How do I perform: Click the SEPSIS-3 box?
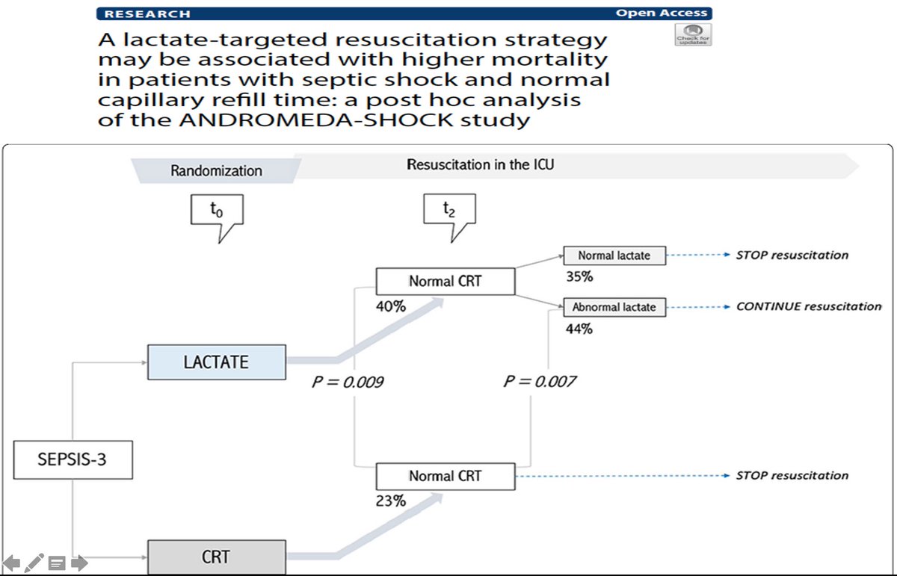(x=73, y=459)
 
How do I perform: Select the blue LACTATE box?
(x=216, y=362)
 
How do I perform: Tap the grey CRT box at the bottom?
(x=216, y=557)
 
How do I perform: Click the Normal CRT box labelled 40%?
(x=445, y=282)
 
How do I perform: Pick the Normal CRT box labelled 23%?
(x=445, y=476)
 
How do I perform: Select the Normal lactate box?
(x=614, y=256)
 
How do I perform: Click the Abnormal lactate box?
(x=614, y=307)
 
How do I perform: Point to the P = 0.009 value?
(x=348, y=382)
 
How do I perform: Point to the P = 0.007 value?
(x=540, y=382)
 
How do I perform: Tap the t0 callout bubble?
(x=217, y=214)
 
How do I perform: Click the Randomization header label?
(x=216, y=171)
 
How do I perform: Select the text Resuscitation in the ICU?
(x=480, y=164)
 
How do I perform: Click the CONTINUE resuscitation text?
(x=808, y=306)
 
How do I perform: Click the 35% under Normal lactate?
(x=579, y=276)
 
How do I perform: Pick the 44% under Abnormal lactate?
(x=579, y=328)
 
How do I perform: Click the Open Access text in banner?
(x=661, y=13)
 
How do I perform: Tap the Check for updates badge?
(x=693, y=34)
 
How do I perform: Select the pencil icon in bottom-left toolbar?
(x=34, y=563)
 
